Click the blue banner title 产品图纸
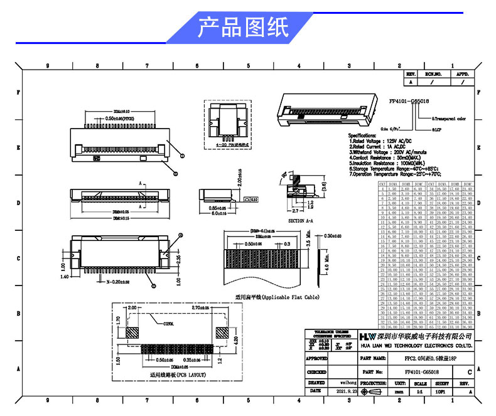click(243, 28)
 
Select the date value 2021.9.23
click(346, 390)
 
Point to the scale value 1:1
click(418, 390)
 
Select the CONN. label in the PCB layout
click(169, 324)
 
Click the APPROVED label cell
click(316, 359)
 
